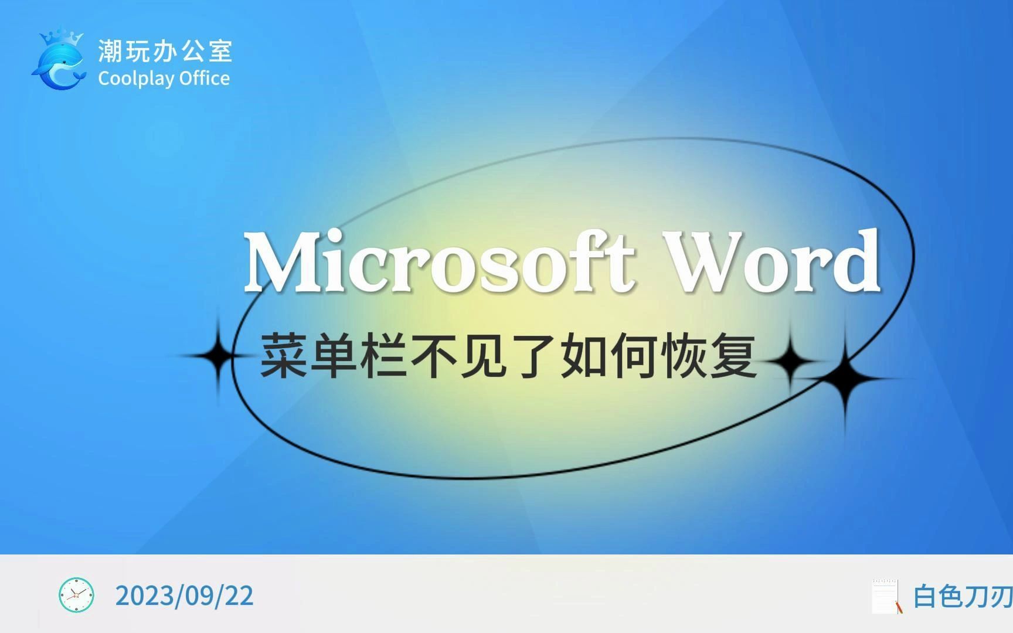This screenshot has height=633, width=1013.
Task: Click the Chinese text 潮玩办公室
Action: pos(165,51)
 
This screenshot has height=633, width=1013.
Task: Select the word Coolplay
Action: pos(136,79)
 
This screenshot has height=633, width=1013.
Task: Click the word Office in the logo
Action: pos(205,79)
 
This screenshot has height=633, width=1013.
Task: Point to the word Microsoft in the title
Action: pos(440,261)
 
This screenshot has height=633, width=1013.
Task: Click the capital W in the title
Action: pos(707,261)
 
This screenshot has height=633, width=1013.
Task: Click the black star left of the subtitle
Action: pos(218,356)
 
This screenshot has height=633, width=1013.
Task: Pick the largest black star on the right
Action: pos(845,378)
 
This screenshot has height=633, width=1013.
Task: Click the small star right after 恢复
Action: pos(790,359)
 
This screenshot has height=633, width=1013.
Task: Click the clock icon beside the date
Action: pos(76,595)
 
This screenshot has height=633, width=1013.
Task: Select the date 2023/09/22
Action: pos(185,595)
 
